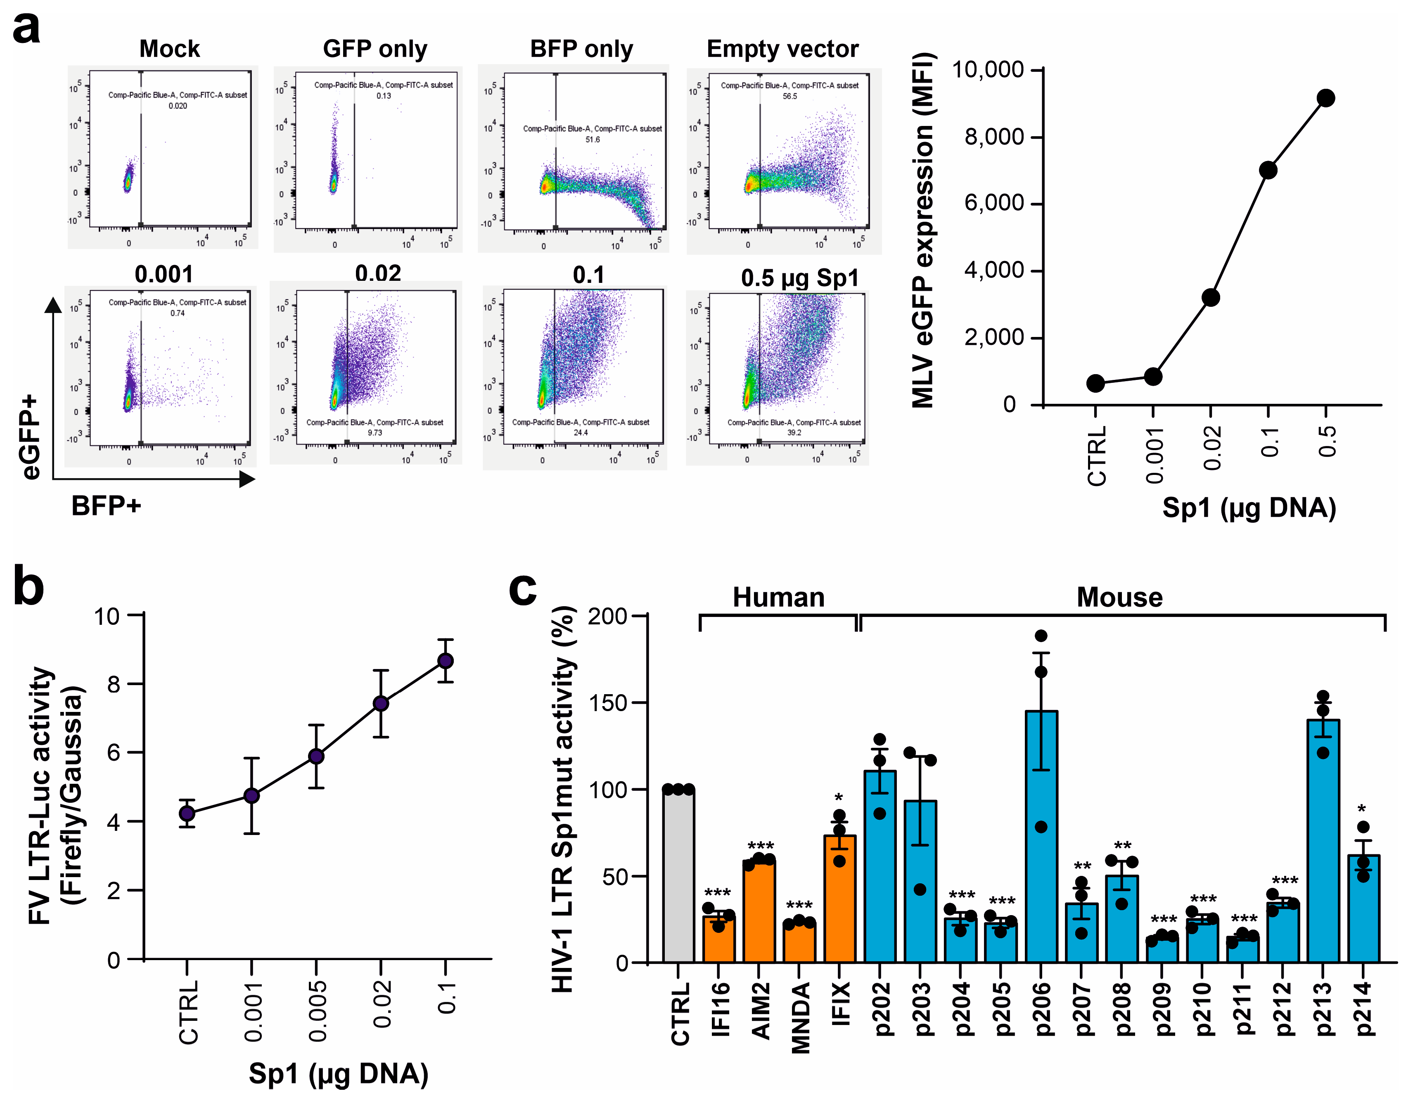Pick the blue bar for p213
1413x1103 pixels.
point(1323,841)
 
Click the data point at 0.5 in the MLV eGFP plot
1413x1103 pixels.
point(1325,98)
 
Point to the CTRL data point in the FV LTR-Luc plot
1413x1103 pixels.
point(187,813)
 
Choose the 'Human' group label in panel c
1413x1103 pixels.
point(778,597)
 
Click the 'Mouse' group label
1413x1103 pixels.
point(1119,597)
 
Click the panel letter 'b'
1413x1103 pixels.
point(29,586)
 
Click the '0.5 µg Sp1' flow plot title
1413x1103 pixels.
point(800,278)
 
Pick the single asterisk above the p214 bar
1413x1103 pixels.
point(1362,810)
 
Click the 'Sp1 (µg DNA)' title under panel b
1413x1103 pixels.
point(338,1074)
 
